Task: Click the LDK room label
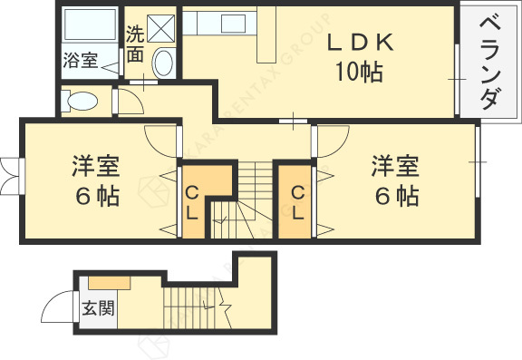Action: click(359, 43)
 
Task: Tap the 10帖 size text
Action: click(359, 71)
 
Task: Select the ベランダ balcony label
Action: click(489, 61)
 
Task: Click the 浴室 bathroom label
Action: click(80, 61)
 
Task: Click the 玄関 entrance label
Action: click(99, 307)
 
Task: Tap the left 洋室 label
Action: click(97, 167)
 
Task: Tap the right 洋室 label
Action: click(394, 167)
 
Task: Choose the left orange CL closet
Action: click(192, 201)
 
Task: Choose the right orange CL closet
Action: click(297, 201)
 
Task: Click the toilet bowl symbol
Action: click(82, 100)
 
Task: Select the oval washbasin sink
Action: click(164, 63)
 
